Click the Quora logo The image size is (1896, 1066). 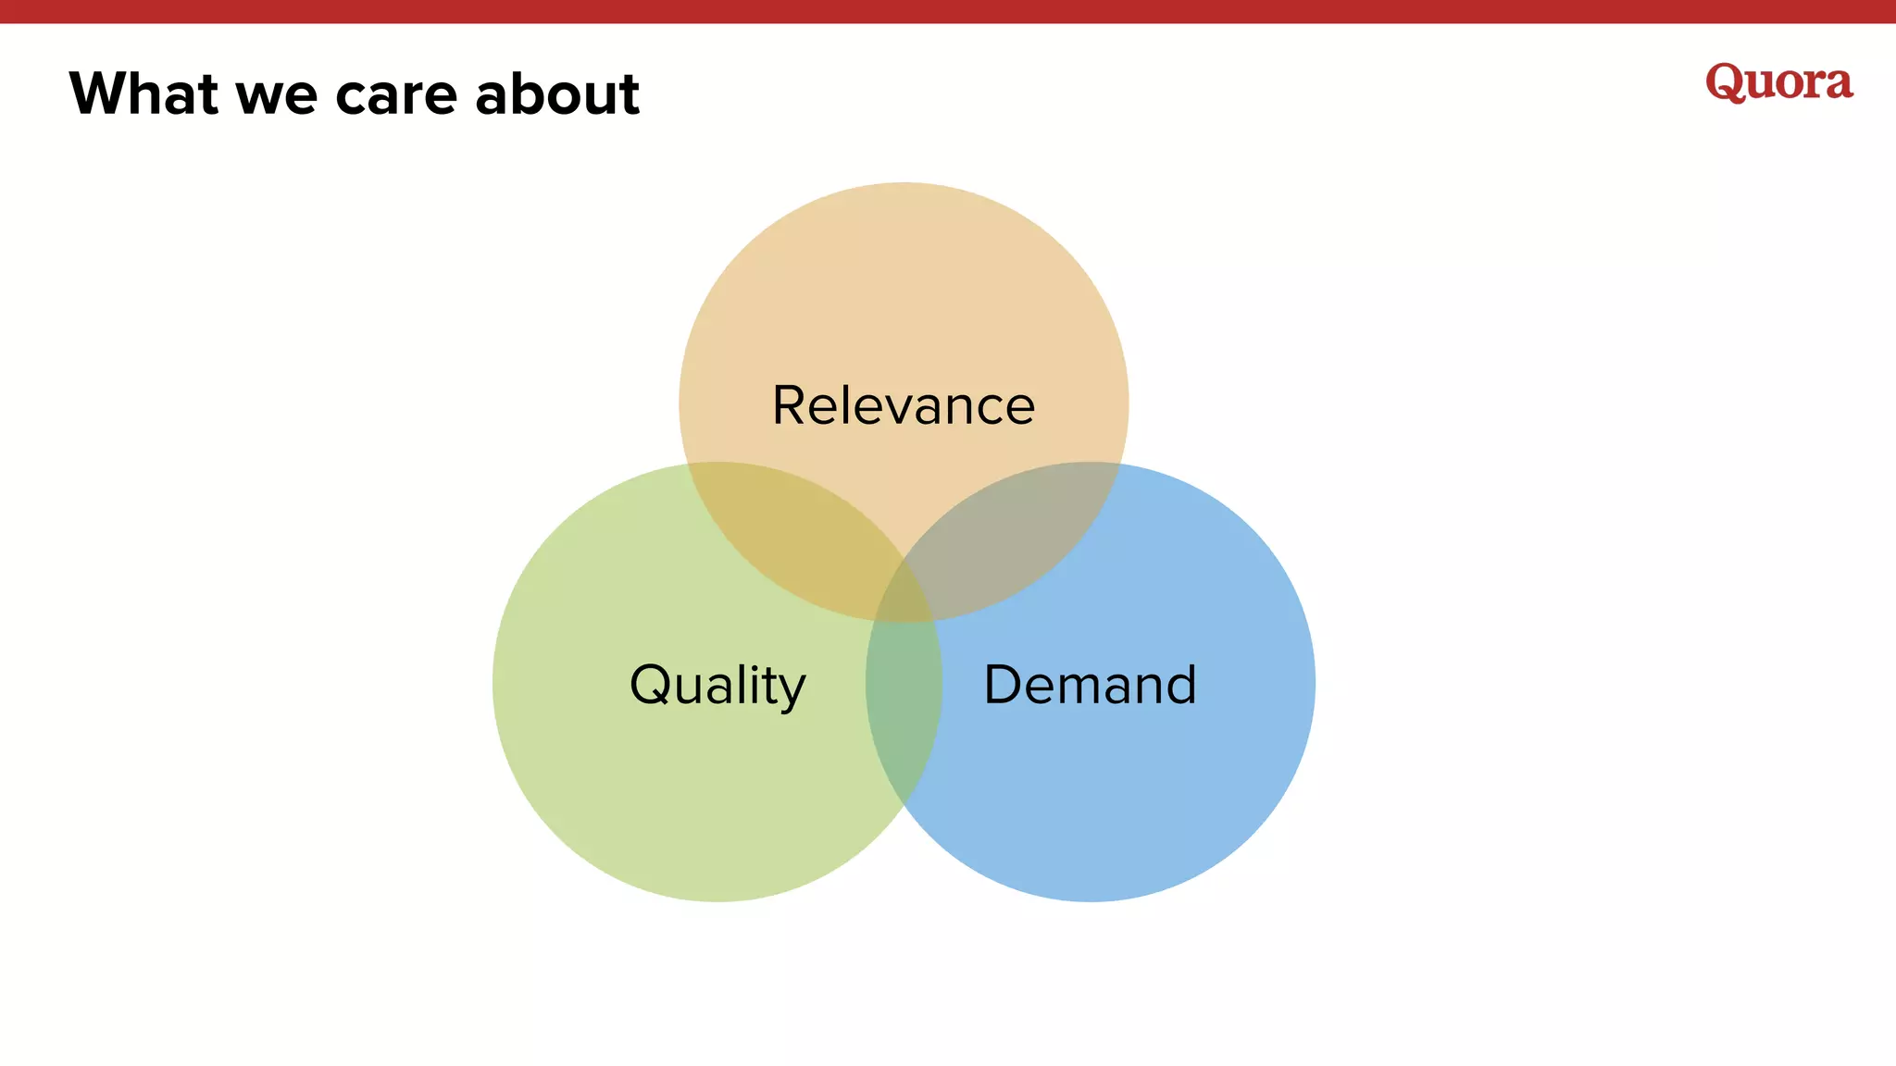tap(1778, 82)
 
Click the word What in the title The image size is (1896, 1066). tap(143, 93)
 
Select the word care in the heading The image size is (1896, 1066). tap(396, 95)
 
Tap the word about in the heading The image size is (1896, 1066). tap(556, 93)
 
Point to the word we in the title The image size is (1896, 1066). tap(277, 97)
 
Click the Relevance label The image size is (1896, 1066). tap(904, 405)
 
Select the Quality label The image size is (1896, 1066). tap(717, 685)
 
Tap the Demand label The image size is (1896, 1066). tap(1090, 685)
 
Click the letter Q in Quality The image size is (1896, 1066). tap(651, 684)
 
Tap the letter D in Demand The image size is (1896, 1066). tap(1004, 684)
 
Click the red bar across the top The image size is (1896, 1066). tap(948, 11)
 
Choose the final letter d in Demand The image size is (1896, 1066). tap(1178, 684)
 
